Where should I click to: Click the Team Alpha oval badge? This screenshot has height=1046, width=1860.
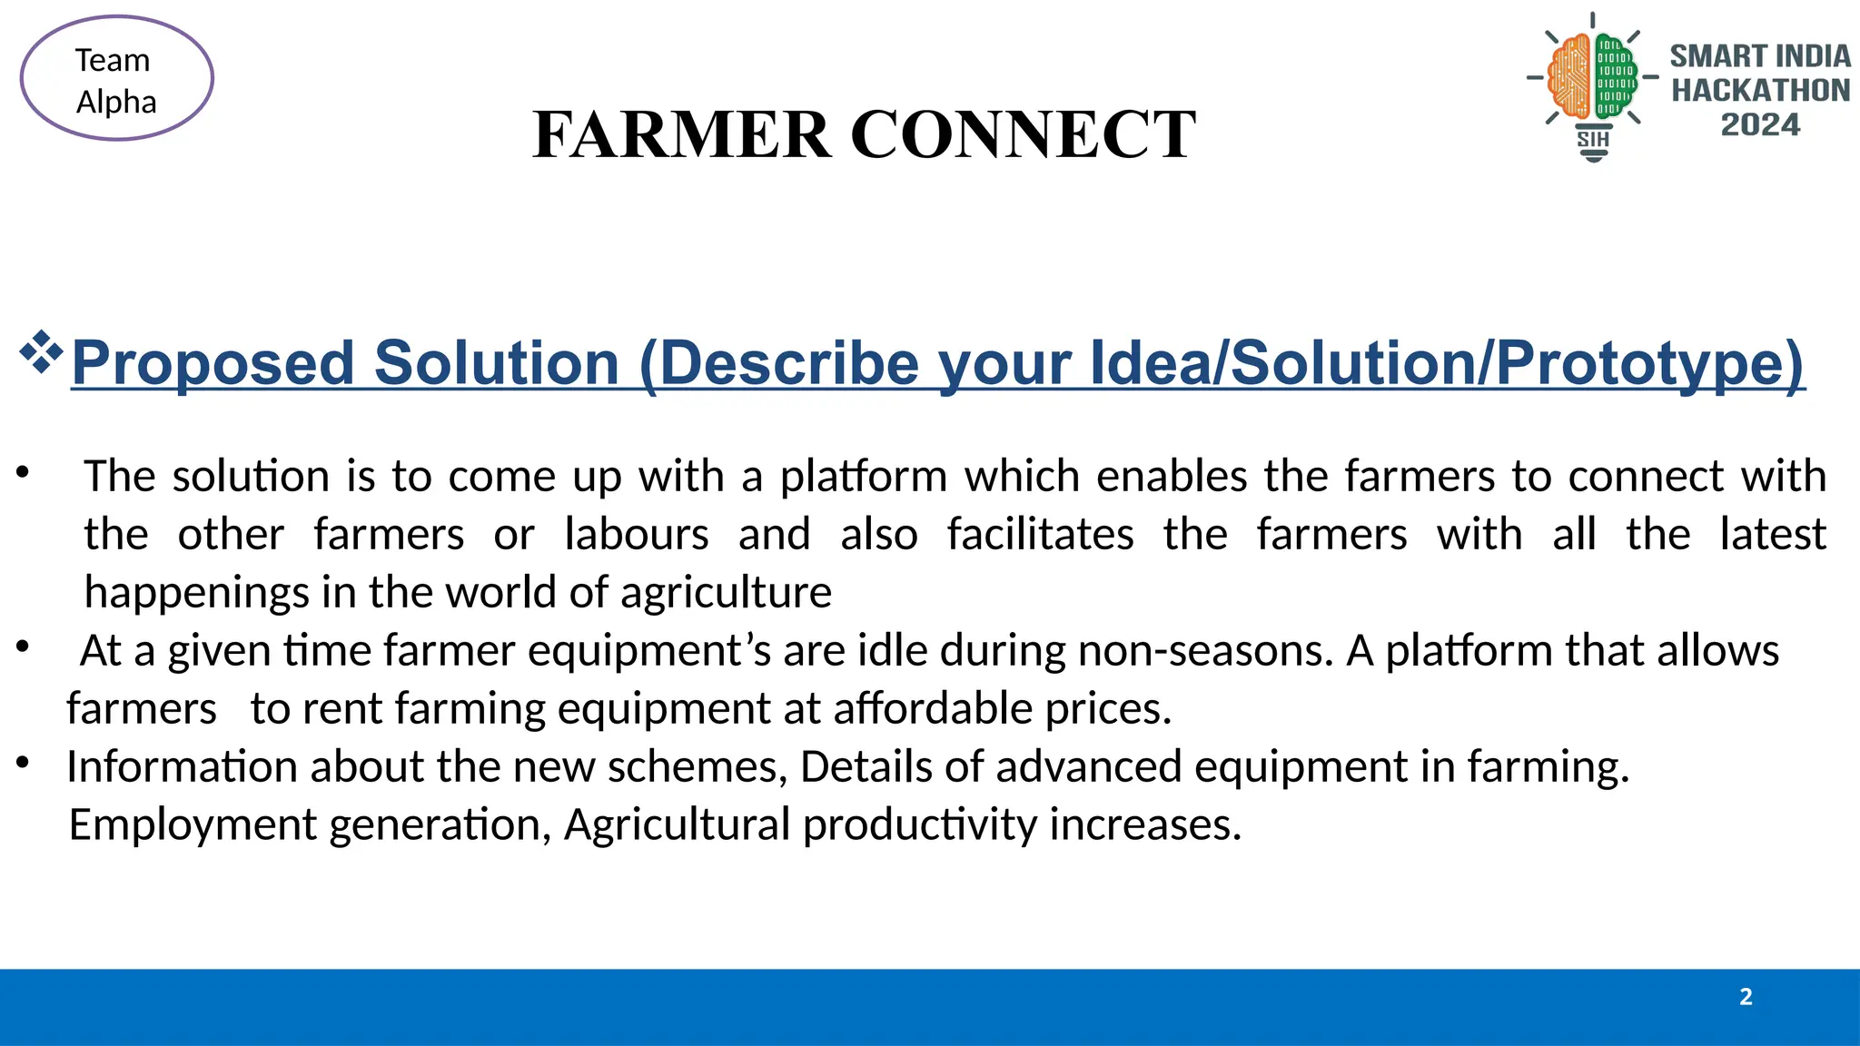(x=116, y=79)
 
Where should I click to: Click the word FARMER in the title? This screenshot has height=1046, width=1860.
(x=681, y=134)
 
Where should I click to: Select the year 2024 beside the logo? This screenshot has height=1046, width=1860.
(x=1759, y=124)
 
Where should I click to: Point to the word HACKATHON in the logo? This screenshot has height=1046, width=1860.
(x=1760, y=91)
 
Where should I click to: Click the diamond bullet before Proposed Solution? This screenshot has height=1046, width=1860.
(x=41, y=353)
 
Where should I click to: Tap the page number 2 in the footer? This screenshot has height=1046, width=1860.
(x=1745, y=997)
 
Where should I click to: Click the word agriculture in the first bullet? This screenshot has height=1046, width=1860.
(x=726, y=593)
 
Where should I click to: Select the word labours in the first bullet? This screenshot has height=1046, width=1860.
(x=636, y=535)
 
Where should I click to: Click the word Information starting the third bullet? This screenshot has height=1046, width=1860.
(x=182, y=767)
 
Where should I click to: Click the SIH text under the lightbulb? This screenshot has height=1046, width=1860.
(x=1593, y=139)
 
